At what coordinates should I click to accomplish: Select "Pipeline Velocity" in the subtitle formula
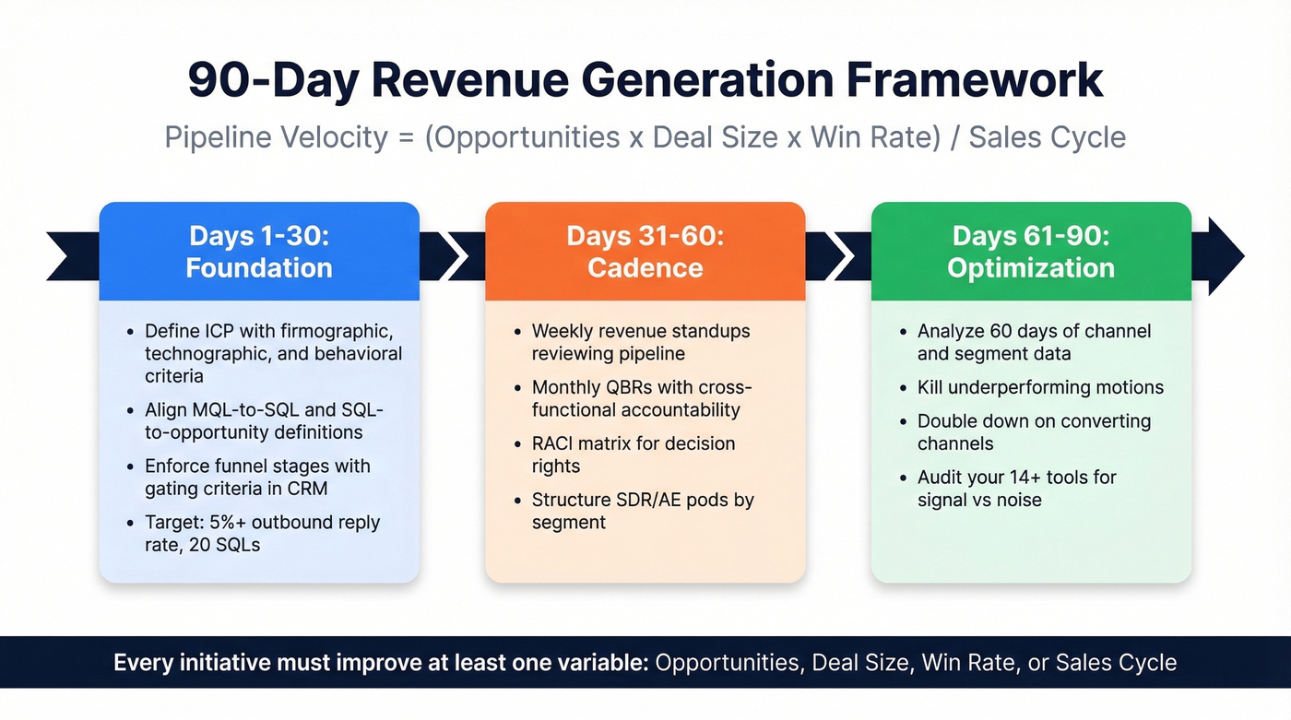(x=276, y=137)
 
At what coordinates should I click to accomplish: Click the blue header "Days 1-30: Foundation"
(x=259, y=252)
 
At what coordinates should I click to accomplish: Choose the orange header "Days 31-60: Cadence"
(x=645, y=252)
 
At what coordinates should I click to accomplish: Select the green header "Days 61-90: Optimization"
(x=1031, y=252)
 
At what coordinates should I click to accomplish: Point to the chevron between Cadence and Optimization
(x=837, y=255)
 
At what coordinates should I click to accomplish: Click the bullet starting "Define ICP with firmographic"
(x=273, y=353)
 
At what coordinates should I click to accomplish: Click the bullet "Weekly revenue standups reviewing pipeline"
(x=640, y=342)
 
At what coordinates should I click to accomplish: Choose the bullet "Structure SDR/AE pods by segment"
(x=642, y=511)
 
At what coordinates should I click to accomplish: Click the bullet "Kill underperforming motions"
(x=1040, y=387)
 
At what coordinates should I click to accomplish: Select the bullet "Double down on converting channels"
(x=1033, y=432)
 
